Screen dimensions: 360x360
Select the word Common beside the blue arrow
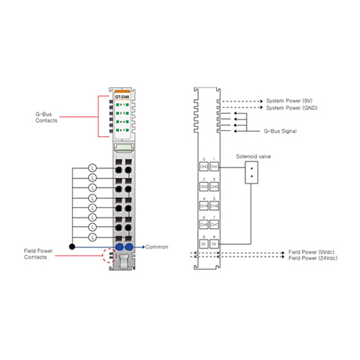[x=157, y=247]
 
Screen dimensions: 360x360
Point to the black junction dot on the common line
[x=71, y=246]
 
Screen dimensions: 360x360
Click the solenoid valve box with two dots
[x=252, y=172]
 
